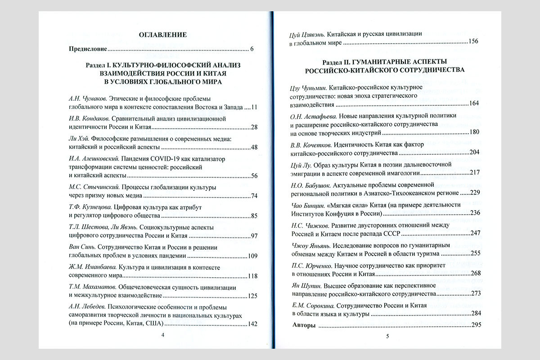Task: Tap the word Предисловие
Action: (88, 49)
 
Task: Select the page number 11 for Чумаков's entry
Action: (254, 107)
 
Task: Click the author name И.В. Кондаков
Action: (85, 118)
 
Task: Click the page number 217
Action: (473, 172)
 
